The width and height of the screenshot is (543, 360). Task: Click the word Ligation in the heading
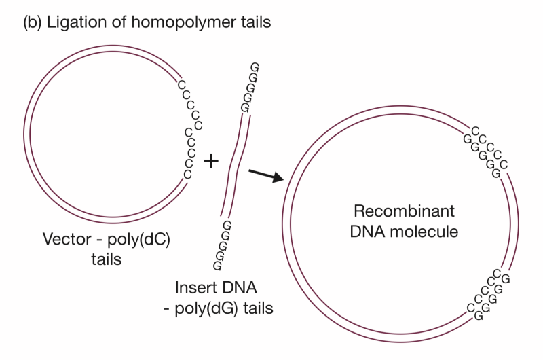click(73, 23)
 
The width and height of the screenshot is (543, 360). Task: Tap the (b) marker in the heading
click(33, 23)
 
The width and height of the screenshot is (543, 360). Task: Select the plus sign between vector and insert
click(212, 161)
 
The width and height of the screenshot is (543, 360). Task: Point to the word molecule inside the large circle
click(426, 232)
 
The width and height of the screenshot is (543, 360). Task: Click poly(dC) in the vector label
click(136, 240)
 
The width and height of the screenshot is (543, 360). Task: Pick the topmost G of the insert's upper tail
click(255, 67)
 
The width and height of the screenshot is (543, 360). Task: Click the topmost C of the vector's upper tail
click(181, 84)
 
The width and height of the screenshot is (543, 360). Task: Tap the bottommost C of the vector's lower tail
click(187, 175)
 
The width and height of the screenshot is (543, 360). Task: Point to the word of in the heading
click(115, 23)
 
